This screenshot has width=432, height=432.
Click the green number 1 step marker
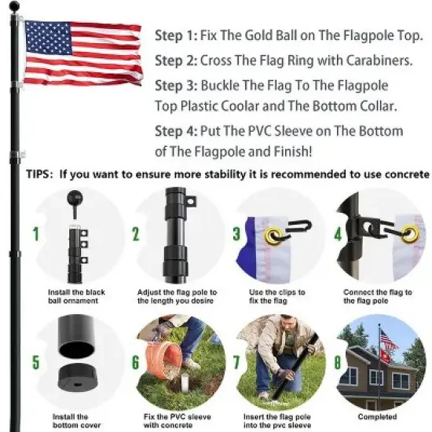point(35,233)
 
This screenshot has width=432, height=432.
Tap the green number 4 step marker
point(338,233)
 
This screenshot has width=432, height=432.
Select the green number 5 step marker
point(35,363)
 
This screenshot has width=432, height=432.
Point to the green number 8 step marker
point(339,363)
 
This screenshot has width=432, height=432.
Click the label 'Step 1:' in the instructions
point(177,35)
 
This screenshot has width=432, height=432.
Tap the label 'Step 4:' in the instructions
point(177,131)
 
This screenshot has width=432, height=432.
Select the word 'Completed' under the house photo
point(377,416)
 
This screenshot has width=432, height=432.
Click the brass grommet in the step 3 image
point(276,233)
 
